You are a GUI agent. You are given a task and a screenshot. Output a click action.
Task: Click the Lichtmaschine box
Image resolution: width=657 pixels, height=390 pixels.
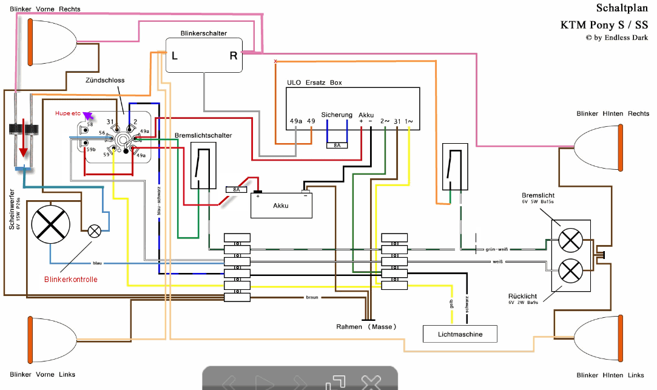[x=460, y=334]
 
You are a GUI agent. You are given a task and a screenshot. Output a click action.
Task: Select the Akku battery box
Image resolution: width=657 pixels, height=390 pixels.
[x=281, y=206]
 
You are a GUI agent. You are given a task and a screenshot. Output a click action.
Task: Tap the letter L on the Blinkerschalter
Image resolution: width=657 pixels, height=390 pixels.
[x=175, y=56]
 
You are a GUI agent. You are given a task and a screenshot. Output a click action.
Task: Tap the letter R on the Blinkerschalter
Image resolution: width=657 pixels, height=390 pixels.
[x=234, y=56]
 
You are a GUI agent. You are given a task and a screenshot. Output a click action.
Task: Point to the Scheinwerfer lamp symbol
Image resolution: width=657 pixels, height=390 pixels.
[x=52, y=225]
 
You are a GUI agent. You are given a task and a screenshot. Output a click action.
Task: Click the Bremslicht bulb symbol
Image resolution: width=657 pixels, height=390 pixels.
[x=570, y=240]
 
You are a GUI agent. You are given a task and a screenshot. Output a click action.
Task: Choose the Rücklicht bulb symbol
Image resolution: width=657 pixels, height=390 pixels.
[x=570, y=269]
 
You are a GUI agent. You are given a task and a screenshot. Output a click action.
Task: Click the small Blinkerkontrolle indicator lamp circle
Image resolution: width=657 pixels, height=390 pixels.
[x=95, y=230]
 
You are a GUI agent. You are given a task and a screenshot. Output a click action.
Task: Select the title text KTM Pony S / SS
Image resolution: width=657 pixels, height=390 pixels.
[x=604, y=25]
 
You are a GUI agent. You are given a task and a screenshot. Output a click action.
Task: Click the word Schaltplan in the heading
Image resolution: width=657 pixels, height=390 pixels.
[x=622, y=8]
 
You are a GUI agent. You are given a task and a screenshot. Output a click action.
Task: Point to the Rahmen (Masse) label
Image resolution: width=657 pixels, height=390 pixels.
[x=367, y=327]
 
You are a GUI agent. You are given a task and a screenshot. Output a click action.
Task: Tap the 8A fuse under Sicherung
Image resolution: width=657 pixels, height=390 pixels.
[x=337, y=145]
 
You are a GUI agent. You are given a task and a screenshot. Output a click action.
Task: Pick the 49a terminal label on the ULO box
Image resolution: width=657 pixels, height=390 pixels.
[x=295, y=121]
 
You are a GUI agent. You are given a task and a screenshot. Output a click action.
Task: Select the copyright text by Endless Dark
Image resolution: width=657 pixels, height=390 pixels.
[x=616, y=38]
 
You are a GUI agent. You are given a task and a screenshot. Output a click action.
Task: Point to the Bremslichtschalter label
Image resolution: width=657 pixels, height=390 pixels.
[x=203, y=135]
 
